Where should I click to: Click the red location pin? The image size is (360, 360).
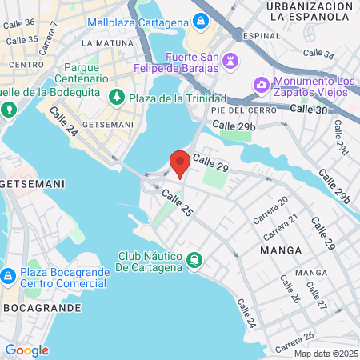pos(180,162)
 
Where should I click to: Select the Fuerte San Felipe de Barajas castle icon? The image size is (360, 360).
pos(230,60)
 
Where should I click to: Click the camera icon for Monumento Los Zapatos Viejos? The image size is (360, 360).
pos(262,84)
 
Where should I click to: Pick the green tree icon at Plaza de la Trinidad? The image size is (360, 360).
pos(117,98)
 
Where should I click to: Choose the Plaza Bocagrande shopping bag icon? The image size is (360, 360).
pos(7,276)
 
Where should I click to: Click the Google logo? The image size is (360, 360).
pos(26,350)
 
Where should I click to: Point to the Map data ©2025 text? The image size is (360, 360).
pos(326,354)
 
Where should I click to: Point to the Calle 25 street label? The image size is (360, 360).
pos(177,205)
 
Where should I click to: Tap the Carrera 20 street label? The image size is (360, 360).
pos(270,210)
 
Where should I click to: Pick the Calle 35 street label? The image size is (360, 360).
pos(21,39)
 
